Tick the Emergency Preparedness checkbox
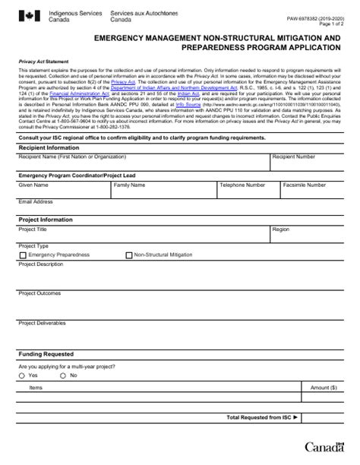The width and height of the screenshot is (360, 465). pyautogui.click(x=22, y=256)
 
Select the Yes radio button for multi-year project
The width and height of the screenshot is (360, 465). pyautogui.click(x=21, y=375)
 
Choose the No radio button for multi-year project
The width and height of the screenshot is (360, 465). pyautogui.click(x=63, y=375)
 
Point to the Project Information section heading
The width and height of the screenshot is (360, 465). pyautogui.click(x=45, y=220)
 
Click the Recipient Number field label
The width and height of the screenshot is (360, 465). pyautogui.click(x=293, y=157)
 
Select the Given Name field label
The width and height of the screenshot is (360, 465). pyautogui.click(x=33, y=185)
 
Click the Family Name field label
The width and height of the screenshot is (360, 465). pyautogui.click(x=129, y=185)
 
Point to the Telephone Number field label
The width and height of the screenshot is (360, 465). pyautogui.click(x=242, y=185)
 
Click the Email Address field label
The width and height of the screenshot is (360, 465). pyautogui.click(x=36, y=202)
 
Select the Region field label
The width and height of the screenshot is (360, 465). pyautogui.click(x=280, y=229)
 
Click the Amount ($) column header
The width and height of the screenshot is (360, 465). pyautogui.click(x=324, y=387)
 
